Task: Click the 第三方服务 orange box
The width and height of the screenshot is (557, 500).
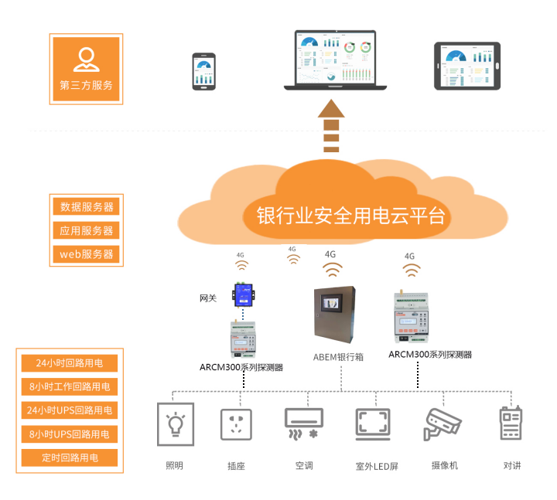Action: click(86, 68)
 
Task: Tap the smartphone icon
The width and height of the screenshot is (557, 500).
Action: click(204, 71)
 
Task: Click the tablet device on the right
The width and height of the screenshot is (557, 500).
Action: click(466, 66)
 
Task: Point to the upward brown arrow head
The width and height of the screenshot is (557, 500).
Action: click(331, 107)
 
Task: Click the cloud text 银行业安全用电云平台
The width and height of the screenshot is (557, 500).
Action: click(352, 215)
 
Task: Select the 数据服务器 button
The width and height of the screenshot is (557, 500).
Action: click(87, 207)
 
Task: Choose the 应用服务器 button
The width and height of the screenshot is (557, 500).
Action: click(87, 230)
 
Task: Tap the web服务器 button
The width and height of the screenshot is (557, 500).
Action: click(87, 253)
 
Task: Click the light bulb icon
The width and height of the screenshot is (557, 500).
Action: click(176, 424)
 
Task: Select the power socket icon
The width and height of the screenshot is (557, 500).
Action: click(237, 424)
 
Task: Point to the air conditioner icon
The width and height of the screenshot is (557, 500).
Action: click(304, 424)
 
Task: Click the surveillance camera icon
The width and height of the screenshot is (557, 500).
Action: click(443, 424)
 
